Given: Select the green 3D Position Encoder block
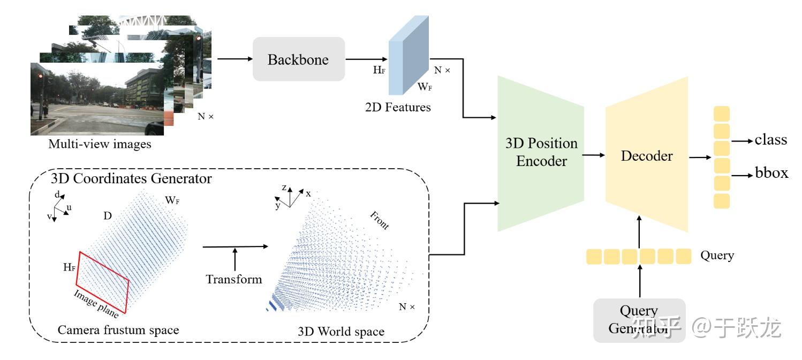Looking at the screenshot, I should point(541,153).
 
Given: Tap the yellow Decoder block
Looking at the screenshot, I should point(646,156).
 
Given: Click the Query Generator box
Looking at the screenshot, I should point(639,320).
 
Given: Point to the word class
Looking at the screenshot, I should point(770,140).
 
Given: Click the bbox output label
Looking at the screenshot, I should point(771,173).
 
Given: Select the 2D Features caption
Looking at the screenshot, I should point(397,107).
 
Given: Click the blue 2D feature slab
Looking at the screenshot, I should point(408,54).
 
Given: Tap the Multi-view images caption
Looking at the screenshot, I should point(100,144).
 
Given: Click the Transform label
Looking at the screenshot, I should point(234,279).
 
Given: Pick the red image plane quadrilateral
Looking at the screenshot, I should point(102,282).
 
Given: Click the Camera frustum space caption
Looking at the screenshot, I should point(118,330).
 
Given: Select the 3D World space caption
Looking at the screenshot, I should point(341,332).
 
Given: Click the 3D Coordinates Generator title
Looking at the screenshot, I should point(131,178).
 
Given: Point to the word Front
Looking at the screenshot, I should point(380,220).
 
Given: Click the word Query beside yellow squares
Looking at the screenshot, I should point(717,256).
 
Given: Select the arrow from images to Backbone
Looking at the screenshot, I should point(233,59).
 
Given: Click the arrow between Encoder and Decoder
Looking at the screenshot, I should point(593,155).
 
